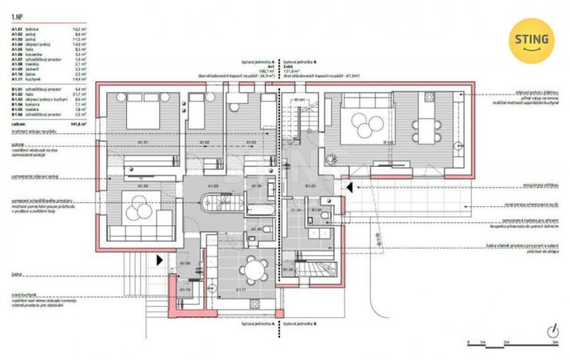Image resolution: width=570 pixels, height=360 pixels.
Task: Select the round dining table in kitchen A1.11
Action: (252, 269)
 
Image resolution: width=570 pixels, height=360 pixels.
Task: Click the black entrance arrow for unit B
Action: (348, 186)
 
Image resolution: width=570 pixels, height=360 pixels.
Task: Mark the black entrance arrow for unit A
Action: (160, 260)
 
